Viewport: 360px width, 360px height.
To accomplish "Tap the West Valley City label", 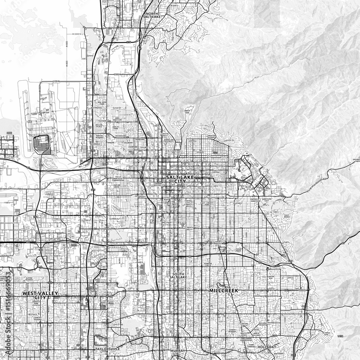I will click(x=40, y=295).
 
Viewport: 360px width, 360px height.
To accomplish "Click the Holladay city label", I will click(x=267, y=347).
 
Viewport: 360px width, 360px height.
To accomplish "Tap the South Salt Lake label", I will click(x=179, y=276).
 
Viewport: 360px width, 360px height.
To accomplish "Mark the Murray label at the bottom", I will click(x=178, y=351).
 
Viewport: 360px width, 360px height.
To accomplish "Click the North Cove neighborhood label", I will click(x=187, y=112).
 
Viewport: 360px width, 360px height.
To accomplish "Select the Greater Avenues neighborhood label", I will click(x=211, y=136).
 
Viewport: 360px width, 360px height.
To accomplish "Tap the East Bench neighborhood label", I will click(x=287, y=216).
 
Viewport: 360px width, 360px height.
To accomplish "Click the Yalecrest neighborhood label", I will click(x=238, y=203).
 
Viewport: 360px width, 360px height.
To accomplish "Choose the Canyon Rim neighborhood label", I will click(x=270, y=278).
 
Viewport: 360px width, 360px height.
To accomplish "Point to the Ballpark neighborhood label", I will click(x=167, y=222).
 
